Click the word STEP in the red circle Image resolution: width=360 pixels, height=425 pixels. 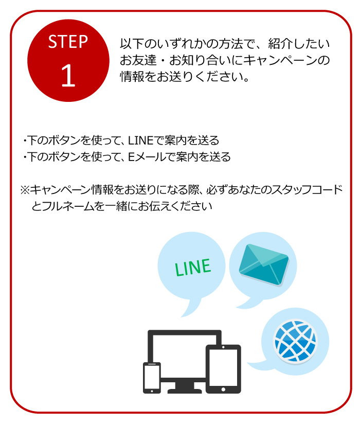[68, 42]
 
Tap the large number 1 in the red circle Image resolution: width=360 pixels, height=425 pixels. [68, 76]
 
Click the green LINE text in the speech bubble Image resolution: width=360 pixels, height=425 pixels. [192, 267]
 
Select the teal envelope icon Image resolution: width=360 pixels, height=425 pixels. [263, 265]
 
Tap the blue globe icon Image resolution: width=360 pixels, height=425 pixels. [295, 341]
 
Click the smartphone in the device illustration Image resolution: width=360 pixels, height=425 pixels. [152, 378]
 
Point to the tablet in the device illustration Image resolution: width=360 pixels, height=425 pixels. [223, 369]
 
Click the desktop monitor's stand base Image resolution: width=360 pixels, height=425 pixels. [185, 391]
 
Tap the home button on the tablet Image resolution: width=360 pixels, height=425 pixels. [223, 389]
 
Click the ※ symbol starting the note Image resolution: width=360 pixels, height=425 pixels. [25, 190]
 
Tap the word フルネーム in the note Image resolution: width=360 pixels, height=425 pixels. [68, 206]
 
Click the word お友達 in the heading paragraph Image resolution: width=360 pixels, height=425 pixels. [138, 60]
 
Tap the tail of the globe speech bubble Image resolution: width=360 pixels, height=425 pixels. [257, 365]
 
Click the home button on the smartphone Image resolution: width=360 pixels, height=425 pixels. [152, 391]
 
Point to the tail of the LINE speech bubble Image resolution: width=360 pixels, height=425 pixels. [191, 308]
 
